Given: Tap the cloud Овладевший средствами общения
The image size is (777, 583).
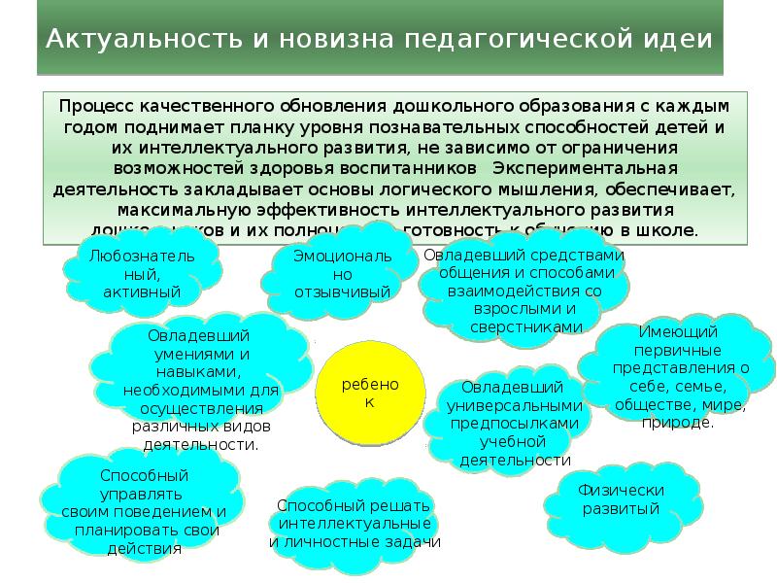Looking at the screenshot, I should (524, 291).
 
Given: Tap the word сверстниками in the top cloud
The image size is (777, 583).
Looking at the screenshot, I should (525, 327).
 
